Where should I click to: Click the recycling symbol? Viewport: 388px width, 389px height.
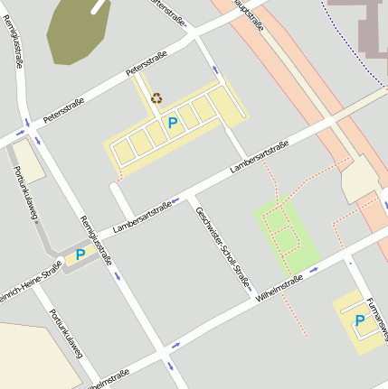point(156,98)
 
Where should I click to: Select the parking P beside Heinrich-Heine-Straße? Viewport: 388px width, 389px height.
point(80,255)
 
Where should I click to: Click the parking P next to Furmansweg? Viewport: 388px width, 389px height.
point(359,320)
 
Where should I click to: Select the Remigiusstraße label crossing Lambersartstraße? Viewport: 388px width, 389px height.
point(94,241)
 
